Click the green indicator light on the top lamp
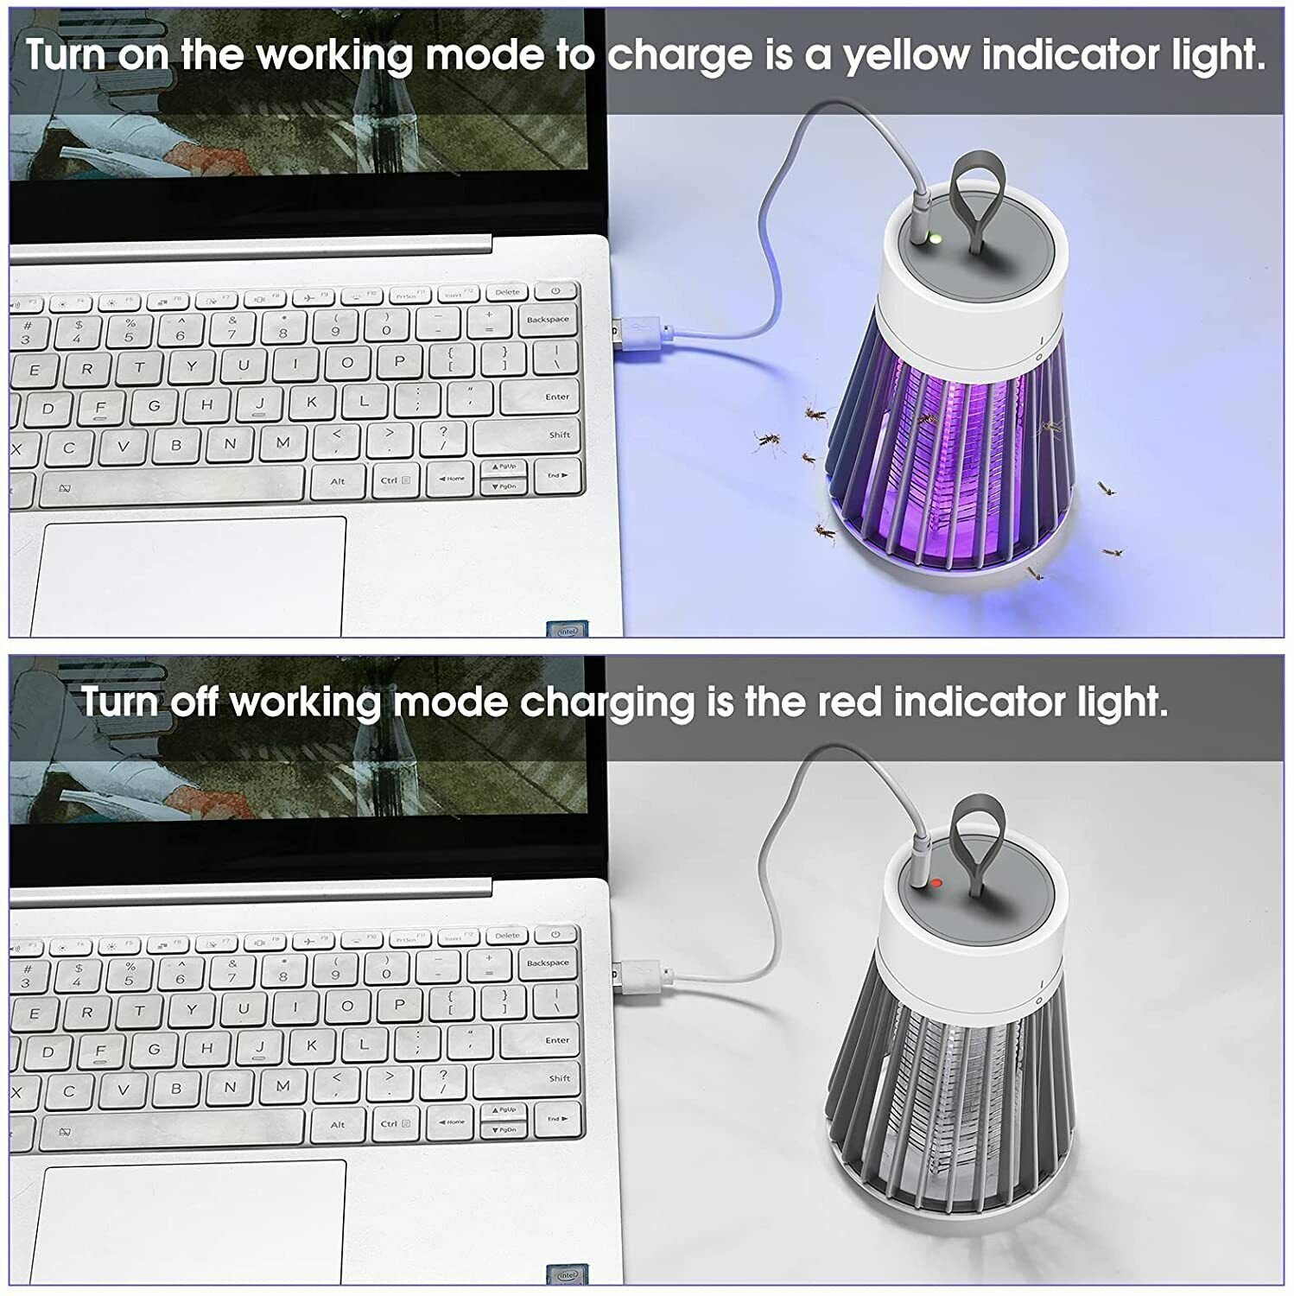point(933,239)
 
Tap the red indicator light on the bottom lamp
point(936,883)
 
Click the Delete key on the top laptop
point(507,292)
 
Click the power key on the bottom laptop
point(555,934)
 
